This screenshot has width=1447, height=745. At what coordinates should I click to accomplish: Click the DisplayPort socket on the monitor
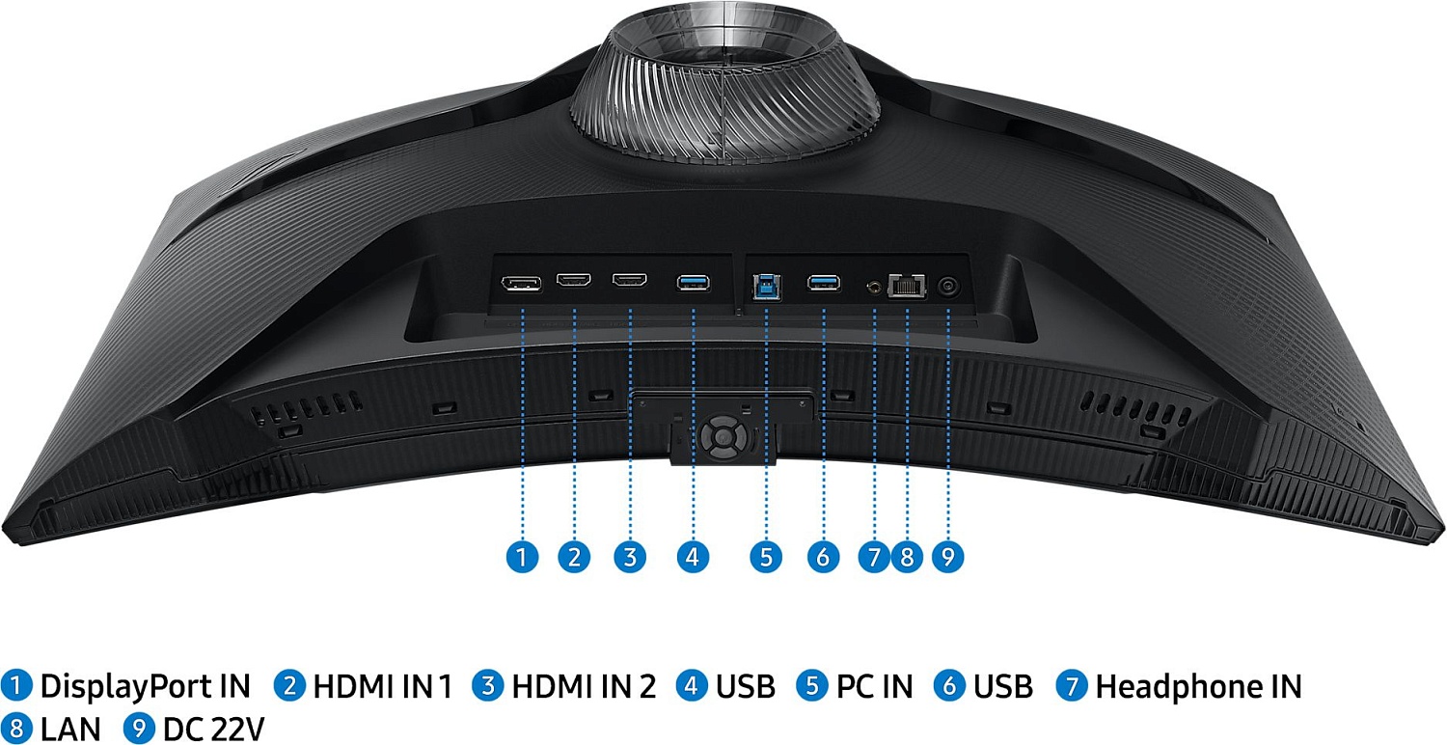click(521, 284)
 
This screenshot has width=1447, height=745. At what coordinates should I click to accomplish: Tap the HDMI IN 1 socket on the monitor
click(574, 281)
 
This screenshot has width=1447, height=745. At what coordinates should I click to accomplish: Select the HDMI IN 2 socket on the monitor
click(630, 280)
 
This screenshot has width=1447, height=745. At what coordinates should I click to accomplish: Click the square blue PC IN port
click(767, 288)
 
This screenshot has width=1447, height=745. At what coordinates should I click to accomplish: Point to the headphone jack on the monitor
click(874, 287)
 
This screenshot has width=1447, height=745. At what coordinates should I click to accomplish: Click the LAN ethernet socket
click(908, 286)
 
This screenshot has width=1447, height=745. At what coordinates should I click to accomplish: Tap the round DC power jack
click(948, 287)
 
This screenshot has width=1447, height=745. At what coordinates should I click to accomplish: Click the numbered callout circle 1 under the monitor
click(522, 556)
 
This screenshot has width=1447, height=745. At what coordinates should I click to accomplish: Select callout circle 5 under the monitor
click(766, 556)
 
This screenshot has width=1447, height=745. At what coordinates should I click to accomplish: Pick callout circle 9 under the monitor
click(947, 556)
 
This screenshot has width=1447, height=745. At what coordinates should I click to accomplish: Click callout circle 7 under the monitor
click(874, 556)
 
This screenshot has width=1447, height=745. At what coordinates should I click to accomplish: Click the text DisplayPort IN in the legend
click(146, 685)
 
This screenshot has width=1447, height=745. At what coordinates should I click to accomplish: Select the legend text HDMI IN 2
click(584, 685)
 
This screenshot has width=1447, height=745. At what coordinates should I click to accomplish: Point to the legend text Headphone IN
click(1198, 685)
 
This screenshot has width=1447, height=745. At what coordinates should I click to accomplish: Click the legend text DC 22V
click(214, 730)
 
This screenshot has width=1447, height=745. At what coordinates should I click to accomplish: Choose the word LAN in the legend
click(70, 730)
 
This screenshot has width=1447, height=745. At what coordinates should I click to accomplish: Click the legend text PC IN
click(875, 685)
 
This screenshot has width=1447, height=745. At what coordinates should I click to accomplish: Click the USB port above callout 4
click(694, 283)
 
